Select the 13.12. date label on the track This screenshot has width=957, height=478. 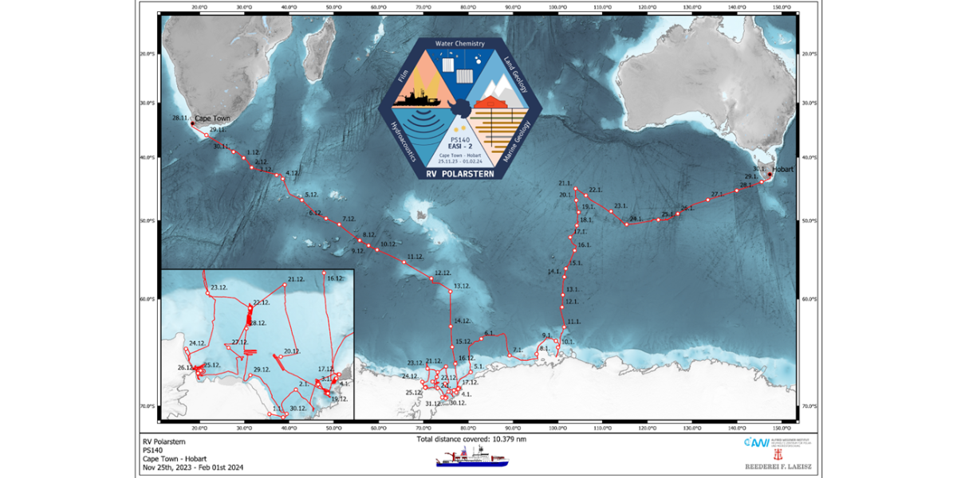(x=463, y=285)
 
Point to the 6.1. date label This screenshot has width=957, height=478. (x=490, y=333)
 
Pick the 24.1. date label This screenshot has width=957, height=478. (x=636, y=218)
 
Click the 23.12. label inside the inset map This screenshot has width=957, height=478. (x=219, y=287)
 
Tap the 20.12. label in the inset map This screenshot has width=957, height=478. (x=292, y=351)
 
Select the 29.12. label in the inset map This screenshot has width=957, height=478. (x=262, y=370)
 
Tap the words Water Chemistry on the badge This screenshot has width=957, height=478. (x=459, y=43)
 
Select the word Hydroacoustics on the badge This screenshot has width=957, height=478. (x=404, y=143)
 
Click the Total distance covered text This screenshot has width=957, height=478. (x=471, y=439)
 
